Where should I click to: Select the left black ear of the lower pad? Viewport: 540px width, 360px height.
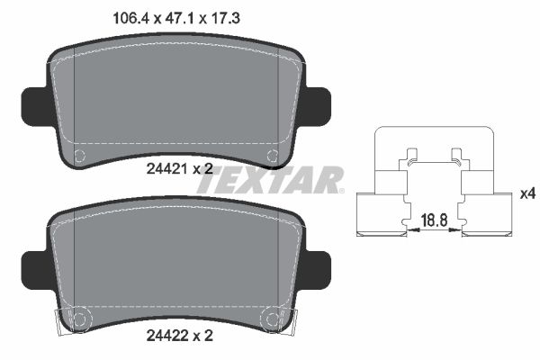click(x=33, y=263)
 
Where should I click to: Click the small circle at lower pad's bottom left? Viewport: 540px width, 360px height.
click(x=77, y=319)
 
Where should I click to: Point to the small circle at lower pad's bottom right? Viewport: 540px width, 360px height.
click(x=273, y=319)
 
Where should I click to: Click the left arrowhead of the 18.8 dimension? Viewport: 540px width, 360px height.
click(x=412, y=231)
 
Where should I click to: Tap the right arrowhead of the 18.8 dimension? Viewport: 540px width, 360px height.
click(x=458, y=231)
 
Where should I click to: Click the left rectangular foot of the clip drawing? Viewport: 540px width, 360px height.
click(x=382, y=214)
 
